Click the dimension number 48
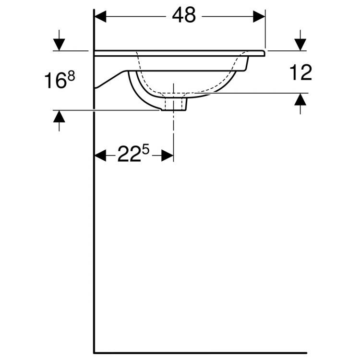[x=184, y=16]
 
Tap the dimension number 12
[x=301, y=72]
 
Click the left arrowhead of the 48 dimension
[x=99, y=16]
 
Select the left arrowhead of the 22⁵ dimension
[x=100, y=155]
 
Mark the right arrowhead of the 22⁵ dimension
[x=168, y=155]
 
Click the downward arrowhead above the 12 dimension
[x=300, y=45]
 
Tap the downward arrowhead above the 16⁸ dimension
[x=59, y=45]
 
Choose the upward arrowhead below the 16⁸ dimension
[x=59, y=116]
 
